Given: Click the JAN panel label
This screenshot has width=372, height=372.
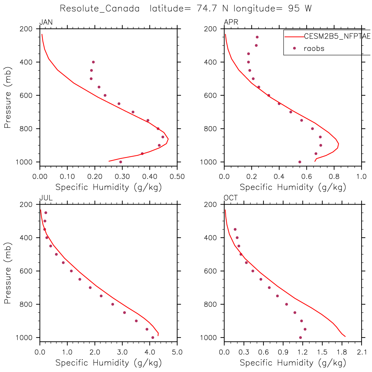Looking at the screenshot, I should pyautogui.click(x=46, y=22).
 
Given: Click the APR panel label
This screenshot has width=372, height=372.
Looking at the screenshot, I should pyautogui.click(x=231, y=22).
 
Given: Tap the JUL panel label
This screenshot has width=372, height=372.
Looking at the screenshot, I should pyautogui.click(x=46, y=198).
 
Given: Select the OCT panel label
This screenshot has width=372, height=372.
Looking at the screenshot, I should pyautogui.click(x=231, y=198).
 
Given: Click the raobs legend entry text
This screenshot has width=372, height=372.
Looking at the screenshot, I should pyautogui.click(x=314, y=49).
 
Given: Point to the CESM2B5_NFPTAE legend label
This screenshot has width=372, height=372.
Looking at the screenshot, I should pyautogui.click(x=337, y=36).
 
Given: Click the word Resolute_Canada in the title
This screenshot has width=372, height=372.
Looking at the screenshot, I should pyautogui.click(x=100, y=9).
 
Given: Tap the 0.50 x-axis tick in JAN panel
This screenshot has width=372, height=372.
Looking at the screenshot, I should pyautogui.click(x=177, y=177).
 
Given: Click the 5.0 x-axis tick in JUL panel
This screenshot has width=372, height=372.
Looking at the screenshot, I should pyautogui.click(x=177, y=353).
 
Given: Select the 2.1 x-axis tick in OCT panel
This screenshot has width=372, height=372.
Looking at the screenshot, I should pyautogui.click(x=362, y=353).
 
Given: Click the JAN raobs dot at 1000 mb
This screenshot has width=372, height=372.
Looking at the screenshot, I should pyautogui.click(x=121, y=162).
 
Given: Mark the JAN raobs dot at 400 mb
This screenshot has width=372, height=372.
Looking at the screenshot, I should pyautogui.click(x=93, y=62).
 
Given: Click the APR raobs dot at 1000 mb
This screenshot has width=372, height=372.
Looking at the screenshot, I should pyautogui.click(x=300, y=162).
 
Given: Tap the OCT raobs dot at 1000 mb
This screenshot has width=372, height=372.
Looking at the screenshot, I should pyautogui.click(x=300, y=338).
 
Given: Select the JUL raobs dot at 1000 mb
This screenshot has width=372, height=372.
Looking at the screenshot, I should pyautogui.click(x=153, y=338).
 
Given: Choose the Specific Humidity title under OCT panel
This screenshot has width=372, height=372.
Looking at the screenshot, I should pyautogui.click(x=293, y=363).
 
